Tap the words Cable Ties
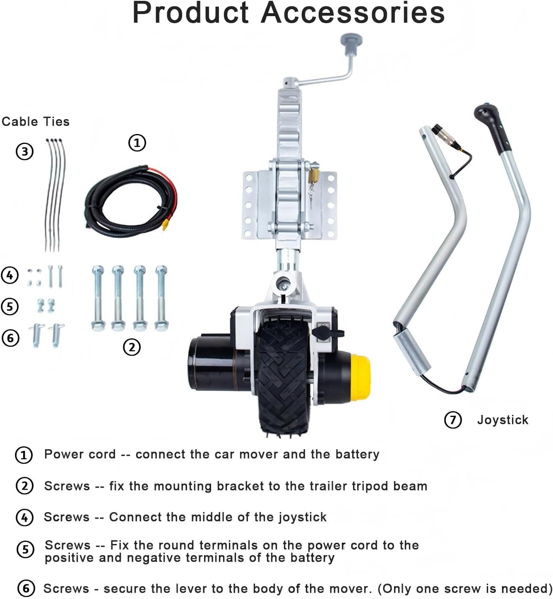[36, 122]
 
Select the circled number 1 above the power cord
[137, 143]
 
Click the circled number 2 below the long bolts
[132, 347]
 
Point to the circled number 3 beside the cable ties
[24, 151]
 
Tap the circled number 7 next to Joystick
[453, 420]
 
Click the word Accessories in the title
[353, 13]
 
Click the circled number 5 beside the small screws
[10, 307]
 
